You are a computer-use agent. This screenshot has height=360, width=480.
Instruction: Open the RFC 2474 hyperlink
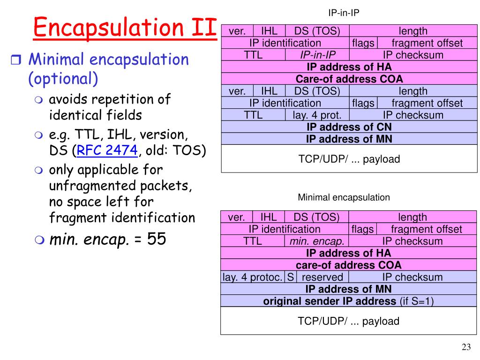(107, 151)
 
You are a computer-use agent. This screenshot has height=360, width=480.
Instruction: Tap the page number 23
(465, 347)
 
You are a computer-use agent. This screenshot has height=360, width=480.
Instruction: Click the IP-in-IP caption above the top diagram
(344, 13)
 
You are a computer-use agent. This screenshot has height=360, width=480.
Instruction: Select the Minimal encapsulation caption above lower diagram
(344, 197)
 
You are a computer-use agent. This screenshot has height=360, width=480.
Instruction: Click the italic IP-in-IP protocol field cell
(317, 55)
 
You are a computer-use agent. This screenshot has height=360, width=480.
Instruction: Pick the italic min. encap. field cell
(316, 241)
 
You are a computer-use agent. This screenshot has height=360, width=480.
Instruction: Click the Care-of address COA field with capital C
(349, 79)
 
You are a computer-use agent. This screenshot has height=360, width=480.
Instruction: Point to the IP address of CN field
(349, 127)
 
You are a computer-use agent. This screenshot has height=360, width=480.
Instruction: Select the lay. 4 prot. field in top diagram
(317, 115)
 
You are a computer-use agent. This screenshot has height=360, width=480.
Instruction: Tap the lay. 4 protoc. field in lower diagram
(253, 277)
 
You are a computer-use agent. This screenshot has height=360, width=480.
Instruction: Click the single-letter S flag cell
(291, 277)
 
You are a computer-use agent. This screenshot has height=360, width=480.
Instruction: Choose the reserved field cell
(322, 277)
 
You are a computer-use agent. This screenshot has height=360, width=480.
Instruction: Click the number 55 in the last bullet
(156, 240)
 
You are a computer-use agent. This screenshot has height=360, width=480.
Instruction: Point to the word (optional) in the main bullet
(63, 79)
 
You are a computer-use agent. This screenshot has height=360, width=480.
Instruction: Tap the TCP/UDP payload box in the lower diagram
(349, 322)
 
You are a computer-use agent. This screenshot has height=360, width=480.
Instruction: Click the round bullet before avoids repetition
(39, 100)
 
